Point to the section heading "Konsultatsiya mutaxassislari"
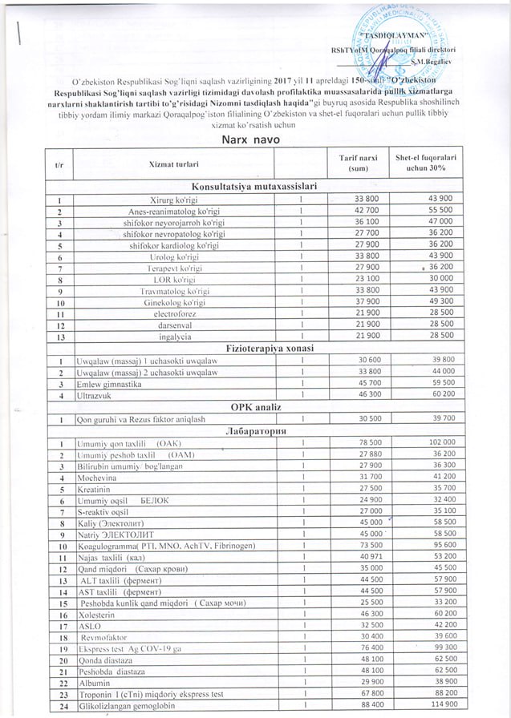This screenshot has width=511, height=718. (252, 186)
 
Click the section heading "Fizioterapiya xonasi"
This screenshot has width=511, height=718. (252, 349)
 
